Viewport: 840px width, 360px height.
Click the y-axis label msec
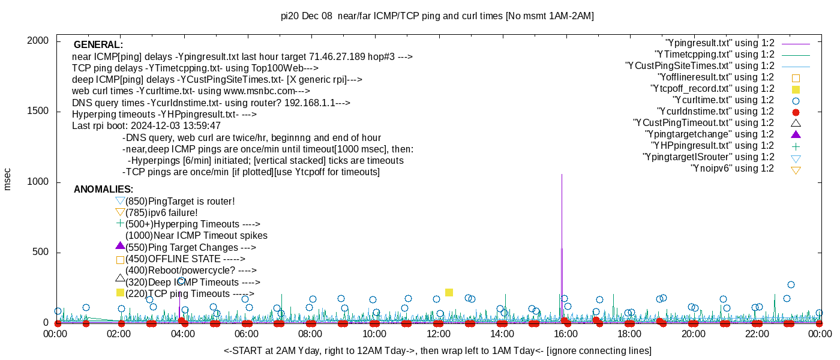pyautogui.click(x=8, y=179)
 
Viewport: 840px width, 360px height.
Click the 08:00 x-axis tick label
pyautogui.click(x=310, y=334)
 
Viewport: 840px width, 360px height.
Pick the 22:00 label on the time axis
pyautogui.click(x=757, y=334)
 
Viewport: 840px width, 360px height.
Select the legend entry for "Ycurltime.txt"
pyautogui.click(x=723, y=100)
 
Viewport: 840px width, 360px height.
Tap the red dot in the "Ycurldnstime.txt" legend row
pyautogui.click(x=796, y=112)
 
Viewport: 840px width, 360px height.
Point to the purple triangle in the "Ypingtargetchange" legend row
pyautogui.click(x=796, y=134)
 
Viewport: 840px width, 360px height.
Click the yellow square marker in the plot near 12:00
pyautogui.click(x=449, y=292)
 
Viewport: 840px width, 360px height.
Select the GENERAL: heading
pyautogui.click(x=98, y=45)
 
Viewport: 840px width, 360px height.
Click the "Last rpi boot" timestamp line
pyautogui.click(x=146, y=126)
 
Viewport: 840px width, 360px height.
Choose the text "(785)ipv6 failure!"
pyautogui.click(x=161, y=213)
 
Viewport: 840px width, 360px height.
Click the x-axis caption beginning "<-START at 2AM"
pyautogui.click(x=437, y=350)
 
